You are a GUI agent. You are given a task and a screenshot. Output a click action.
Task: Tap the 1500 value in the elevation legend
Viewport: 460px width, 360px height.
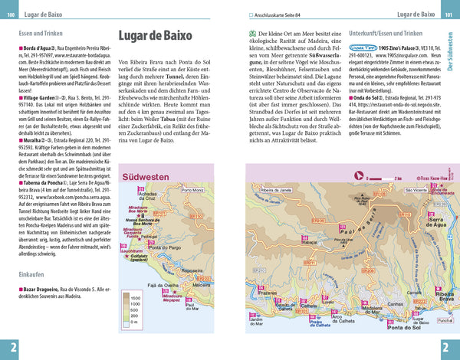(136, 297)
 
